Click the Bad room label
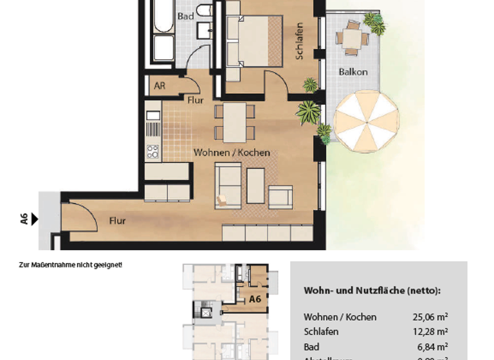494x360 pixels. tap(185, 16)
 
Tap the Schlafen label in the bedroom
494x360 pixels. tap(299, 42)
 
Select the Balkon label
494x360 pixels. tap(353, 72)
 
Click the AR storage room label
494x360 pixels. tap(159, 85)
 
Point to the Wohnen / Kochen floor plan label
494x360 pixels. tap(232, 153)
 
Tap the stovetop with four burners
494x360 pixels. tap(152, 152)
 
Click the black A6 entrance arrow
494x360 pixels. tap(35, 219)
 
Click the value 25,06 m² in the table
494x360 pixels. tap(430, 317)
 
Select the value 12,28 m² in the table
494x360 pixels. tap(430, 332)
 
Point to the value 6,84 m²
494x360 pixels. tap(433, 346)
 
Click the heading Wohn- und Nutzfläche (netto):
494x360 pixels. tap(372, 291)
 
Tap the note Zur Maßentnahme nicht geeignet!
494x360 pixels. tap(71, 264)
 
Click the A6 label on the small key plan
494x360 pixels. tap(255, 299)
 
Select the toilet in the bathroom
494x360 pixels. tap(205, 11)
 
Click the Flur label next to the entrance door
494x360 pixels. tap(117, 221)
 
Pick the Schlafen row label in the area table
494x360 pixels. tap(321, 332)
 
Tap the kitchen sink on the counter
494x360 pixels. tap(152, 116)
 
